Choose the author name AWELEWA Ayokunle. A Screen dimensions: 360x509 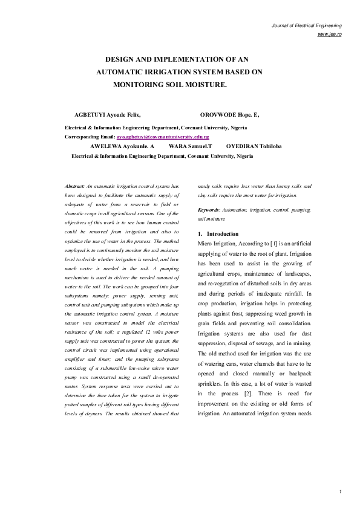tap(122, 146)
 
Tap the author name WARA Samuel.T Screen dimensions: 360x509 tap(191, 146)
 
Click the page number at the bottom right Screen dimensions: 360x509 tap(341, 491)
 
